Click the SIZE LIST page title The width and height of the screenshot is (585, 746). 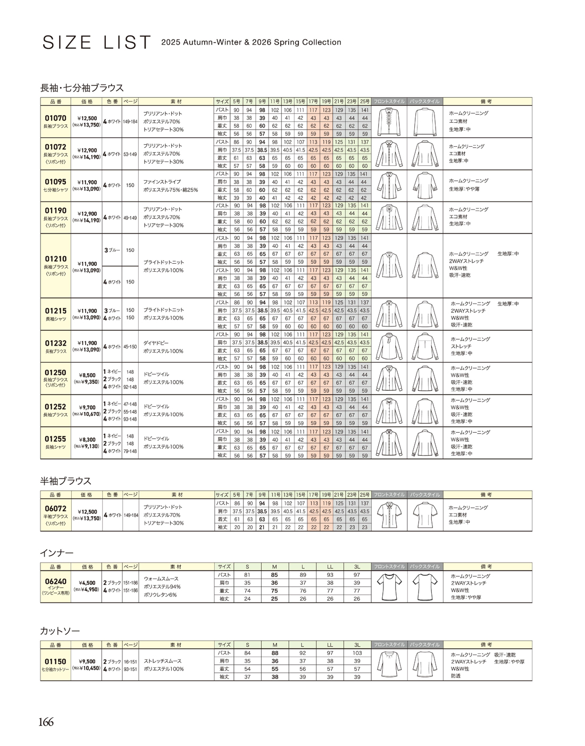(96, 43)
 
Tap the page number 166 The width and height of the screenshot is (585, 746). (46, 722)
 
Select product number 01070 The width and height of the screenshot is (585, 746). (55, 118)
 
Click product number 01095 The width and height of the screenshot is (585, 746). (55, 182)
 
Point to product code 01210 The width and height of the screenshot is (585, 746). (55, 259)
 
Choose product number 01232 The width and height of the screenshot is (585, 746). (55, 343)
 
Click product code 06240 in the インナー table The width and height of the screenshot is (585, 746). (55, 581)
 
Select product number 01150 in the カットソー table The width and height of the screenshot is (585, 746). (55, 661)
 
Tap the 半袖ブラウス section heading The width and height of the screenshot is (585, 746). (66, 481)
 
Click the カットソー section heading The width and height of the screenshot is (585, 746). (60, 631)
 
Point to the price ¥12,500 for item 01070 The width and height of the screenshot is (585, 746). (87, 119)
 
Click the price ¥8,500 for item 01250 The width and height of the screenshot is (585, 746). (87, 375)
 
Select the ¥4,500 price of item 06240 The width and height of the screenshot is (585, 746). (87, 582)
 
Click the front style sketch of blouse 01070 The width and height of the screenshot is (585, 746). (389, 122)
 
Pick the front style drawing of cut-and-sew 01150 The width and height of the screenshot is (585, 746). (389, 665)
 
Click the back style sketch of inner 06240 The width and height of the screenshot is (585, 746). (425, 586)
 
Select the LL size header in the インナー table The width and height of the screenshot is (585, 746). (330, 567)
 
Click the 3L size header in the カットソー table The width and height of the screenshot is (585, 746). (357, 645)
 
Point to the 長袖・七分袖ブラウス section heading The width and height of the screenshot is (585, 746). (82, 88)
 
